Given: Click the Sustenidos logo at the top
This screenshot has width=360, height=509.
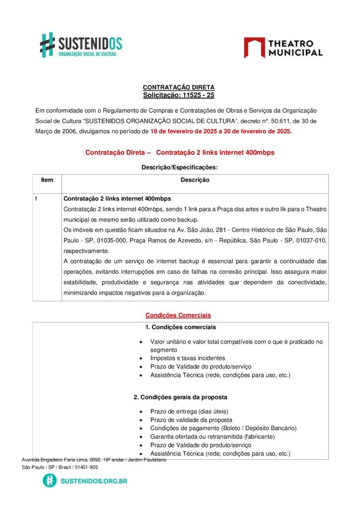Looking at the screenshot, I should coord(81,45).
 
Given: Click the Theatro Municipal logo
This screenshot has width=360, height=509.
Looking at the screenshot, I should coord(283,48).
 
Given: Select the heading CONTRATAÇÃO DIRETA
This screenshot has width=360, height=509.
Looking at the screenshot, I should coord(179,87).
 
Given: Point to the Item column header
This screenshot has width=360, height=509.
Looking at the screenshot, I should coord(47,180).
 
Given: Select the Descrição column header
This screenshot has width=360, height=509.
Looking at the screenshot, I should coord(195,180).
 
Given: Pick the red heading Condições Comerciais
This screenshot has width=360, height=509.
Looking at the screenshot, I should coord(178,315).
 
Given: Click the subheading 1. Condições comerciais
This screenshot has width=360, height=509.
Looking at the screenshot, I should coord(180,327).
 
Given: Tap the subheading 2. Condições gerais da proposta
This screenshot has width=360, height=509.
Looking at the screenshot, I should coord(180,397).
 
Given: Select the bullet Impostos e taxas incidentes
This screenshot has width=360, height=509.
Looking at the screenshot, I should coord(187,358).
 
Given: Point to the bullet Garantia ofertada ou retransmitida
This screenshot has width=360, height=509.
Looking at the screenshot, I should coord(212,436).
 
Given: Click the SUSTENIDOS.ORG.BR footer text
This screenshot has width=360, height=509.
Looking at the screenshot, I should coord(94,481).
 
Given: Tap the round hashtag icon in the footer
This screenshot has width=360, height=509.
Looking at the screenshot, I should coord(49,481).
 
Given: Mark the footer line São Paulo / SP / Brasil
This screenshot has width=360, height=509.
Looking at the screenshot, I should coord(60,467).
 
